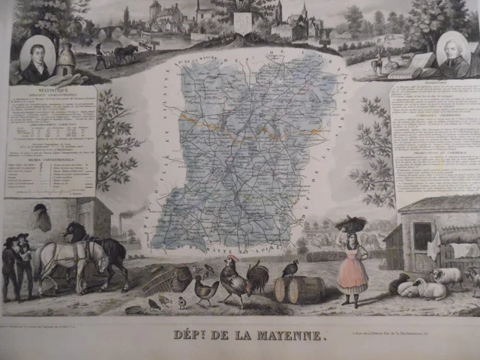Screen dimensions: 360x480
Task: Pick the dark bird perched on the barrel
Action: tap(290, 268)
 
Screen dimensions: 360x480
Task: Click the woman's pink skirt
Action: tap(352, 275)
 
